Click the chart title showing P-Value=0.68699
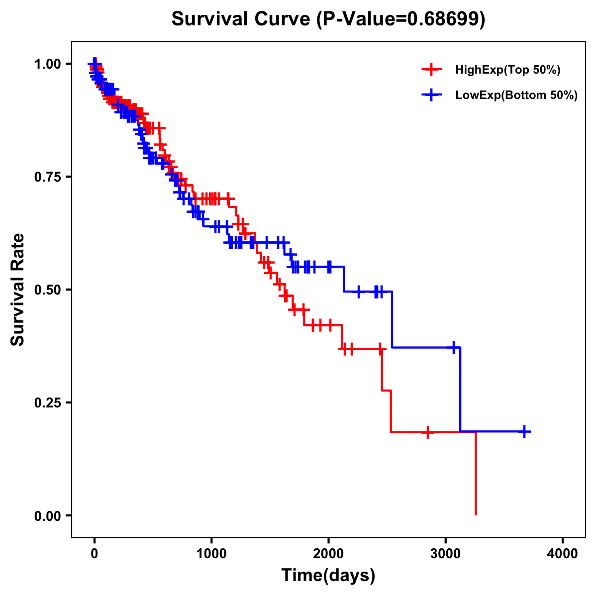pos(328,19)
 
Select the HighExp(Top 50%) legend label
pos(507,70)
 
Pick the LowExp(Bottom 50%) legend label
pos(516,96)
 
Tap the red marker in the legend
pos(431,70)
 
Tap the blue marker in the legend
pos(431,95)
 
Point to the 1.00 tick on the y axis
pos(47,64)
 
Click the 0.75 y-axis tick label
pos(47,177)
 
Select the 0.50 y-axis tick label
pos(47,290)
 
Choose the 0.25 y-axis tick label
pos(47,402)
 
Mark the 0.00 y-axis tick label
pos(47,515)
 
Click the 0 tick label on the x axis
pos(94,554)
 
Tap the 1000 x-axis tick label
pos(211,554)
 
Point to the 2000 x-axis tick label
pos(328,554)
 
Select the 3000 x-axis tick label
pos(446,554)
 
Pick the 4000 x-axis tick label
pos(563,554)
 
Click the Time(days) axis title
pos(328,576)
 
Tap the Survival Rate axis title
pos(18,290)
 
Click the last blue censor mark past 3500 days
pos(524,431)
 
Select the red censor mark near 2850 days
pos(427,432)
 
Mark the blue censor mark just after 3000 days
pos(454,347)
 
